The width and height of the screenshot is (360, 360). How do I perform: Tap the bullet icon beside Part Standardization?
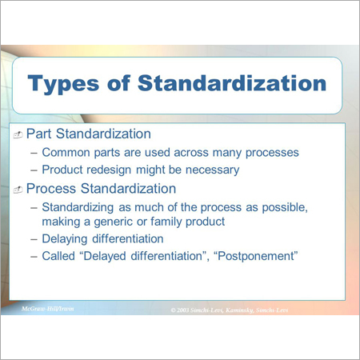(18, 134)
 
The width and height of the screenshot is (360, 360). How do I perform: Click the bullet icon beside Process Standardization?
(18, 189)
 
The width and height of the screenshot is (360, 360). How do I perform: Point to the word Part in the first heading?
(39, 133)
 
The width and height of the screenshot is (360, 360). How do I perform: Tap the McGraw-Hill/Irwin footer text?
(47, 308)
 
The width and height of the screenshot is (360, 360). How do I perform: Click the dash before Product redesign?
(33, 170)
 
